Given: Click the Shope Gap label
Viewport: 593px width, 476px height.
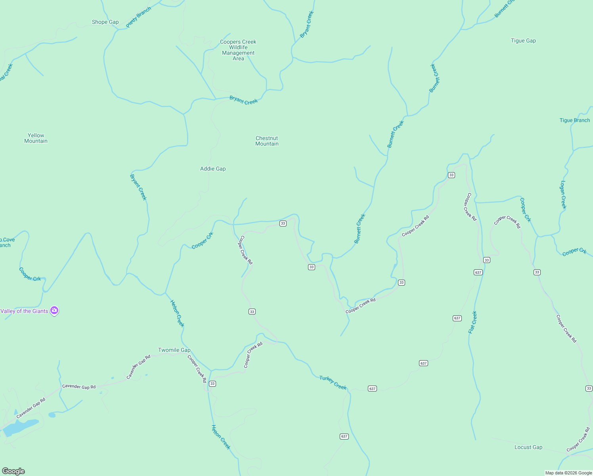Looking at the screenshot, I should pos(105,22).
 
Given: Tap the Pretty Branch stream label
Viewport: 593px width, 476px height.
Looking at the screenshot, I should pos(139,17).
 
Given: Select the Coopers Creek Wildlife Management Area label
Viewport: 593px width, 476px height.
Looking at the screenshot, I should pos(238,50).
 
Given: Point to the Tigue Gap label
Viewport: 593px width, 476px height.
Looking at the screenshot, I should pos(523,41).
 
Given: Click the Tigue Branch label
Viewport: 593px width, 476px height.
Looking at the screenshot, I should pos(574,121).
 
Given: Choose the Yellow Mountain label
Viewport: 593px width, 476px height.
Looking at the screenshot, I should pos(36,138).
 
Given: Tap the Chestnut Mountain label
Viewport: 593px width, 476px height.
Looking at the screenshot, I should pos(267,141).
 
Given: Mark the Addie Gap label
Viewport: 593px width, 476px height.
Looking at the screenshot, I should pos(213,169).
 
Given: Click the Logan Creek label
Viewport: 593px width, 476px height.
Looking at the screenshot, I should pos(563,195).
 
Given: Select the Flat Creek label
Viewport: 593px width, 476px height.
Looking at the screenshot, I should pos(472,322).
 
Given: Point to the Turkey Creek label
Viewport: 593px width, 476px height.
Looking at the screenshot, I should pos(333,383).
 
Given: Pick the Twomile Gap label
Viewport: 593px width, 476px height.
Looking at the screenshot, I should pos(174,350).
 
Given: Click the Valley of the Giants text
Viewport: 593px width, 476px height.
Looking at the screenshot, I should pos(25,311).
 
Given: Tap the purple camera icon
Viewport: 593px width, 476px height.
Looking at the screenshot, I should pos(55,311).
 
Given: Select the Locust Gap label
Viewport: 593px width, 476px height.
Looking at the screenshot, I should pos(528,447).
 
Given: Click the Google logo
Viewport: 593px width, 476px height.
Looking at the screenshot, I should pos(13,471).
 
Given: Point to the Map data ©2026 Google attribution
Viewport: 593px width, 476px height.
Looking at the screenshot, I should pos(568,473).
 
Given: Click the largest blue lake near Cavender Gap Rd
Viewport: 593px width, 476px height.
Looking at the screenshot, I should pos(22,427).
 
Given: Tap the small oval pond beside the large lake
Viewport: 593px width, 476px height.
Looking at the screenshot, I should pos(52,415).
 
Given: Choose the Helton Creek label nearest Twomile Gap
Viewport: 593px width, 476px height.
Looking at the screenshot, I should pos(177,313).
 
